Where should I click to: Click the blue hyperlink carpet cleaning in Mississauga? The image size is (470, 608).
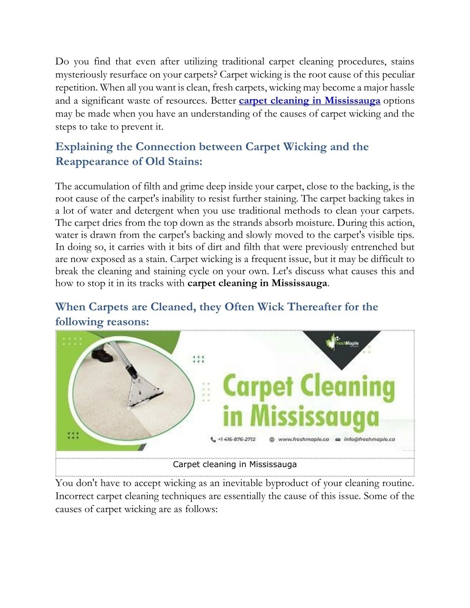309,101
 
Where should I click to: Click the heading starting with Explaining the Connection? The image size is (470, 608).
212,147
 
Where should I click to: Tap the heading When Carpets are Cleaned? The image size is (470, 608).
216,307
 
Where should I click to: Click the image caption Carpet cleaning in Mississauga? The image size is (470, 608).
235,464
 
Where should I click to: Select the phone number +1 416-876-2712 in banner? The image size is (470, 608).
237,439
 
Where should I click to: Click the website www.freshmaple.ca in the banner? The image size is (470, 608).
303,439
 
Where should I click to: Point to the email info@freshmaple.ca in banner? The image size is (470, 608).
369,439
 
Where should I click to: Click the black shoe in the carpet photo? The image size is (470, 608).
102,354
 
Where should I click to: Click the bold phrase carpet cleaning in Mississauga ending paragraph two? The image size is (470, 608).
257,283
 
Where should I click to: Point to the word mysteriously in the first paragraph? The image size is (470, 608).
81,75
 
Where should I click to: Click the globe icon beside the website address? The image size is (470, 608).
272,440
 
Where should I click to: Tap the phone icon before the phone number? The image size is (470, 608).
213,440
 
